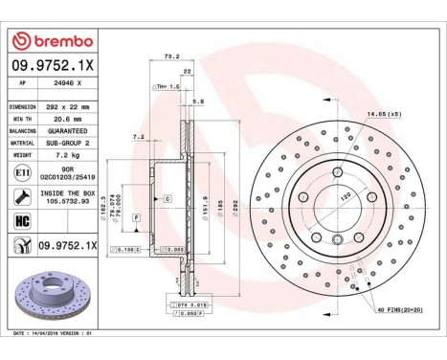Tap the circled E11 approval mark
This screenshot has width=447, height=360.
point(22,172)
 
